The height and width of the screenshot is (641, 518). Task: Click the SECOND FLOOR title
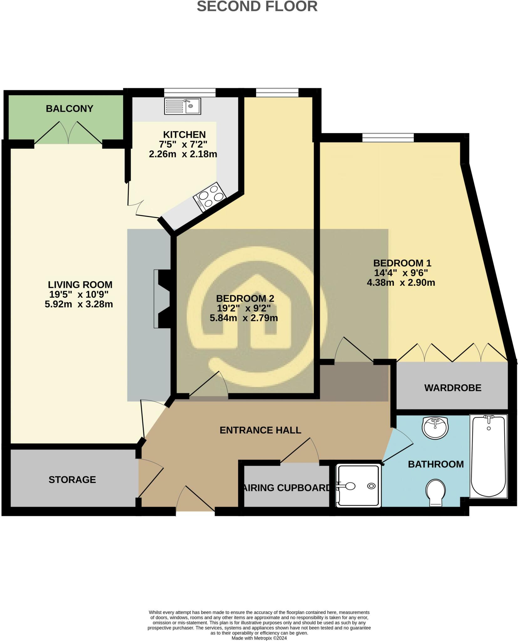257,6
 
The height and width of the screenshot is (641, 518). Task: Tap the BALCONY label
70,109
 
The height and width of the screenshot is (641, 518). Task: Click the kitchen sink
183,106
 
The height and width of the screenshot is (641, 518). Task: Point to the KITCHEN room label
184,135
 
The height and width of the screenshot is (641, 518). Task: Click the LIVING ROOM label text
80,285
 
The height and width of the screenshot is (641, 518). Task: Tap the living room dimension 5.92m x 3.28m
79,304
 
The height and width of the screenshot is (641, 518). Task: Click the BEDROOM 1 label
402,263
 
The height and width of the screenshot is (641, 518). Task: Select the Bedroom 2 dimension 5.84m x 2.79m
244,318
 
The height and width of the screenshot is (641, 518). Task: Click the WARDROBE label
453,388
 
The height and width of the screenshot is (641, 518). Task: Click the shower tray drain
371,486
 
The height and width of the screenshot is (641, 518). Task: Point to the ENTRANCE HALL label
260,430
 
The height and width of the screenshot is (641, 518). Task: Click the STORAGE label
72,479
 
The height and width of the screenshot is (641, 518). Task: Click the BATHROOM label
436,464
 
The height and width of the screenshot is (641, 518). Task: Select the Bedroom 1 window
388,137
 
